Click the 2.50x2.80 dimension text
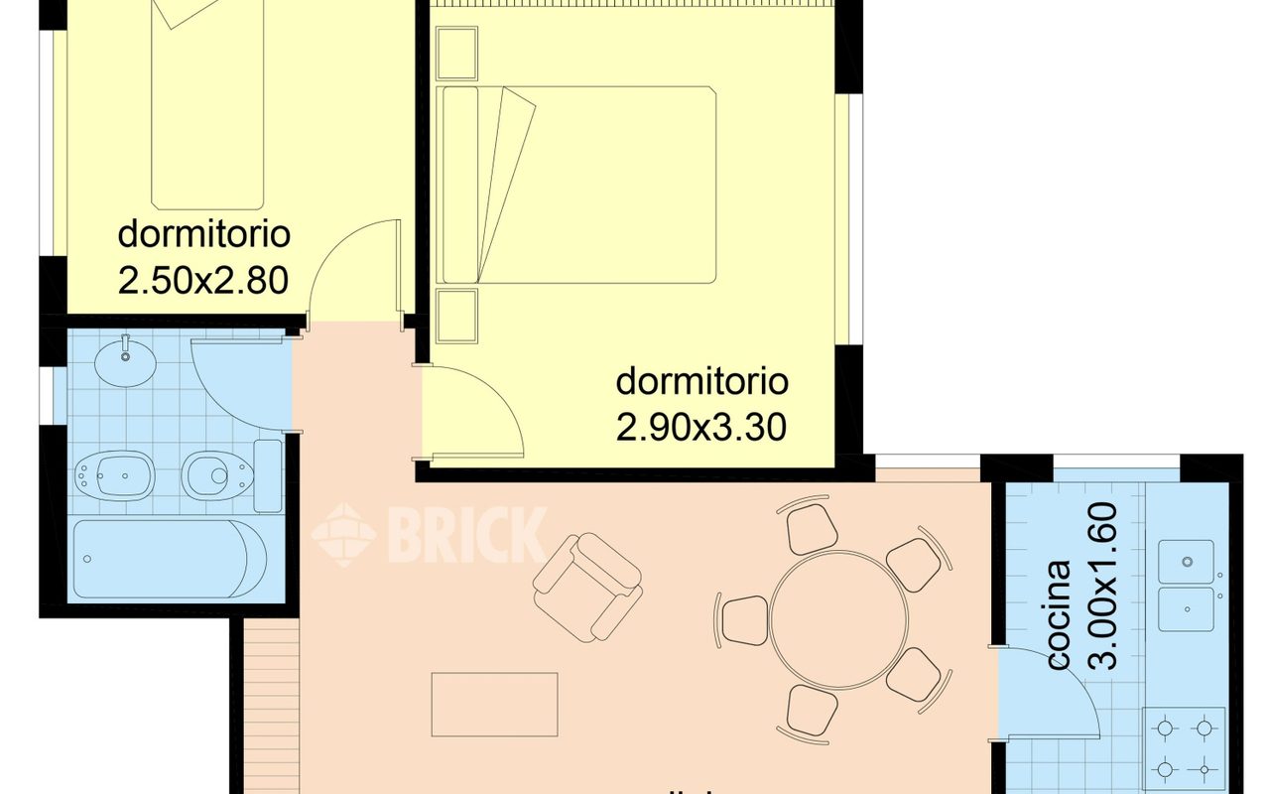coord(203,280)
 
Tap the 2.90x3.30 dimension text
coord(701,427)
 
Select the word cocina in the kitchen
coord(1060,614)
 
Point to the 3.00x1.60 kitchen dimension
coord(1102,586)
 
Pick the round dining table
coord(838,620)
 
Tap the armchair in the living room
coord(586,587)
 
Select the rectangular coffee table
coord(494,705)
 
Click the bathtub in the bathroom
coord(170,559)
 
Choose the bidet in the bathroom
coord(116,475)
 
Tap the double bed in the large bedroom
coord(578,185)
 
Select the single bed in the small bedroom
coord(207,99)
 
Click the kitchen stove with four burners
coord(1185,750)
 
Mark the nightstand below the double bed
coord(457,316)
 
